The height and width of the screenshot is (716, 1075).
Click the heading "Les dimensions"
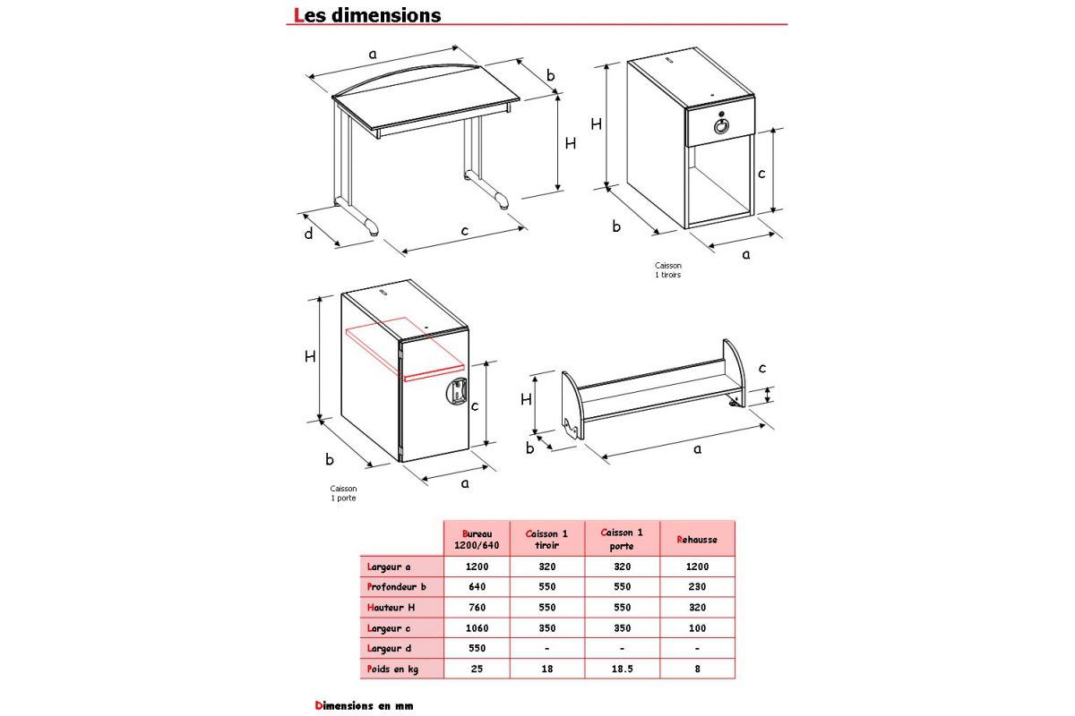pyautogui.click(x=367, y=15)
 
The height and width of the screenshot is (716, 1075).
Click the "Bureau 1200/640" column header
pyautogui.click(x=476, y=539)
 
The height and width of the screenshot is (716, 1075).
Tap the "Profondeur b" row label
pyautogui.click(x=396, y=587)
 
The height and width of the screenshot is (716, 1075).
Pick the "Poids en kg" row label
pyautogui.click(x=392, y=669)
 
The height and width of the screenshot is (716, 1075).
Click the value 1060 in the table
pyautogui.click(x=476, y=627)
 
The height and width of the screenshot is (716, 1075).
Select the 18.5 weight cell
pyautogui.click(x=622, y=669)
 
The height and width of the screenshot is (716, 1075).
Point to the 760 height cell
pyautogui.click(x=476, y=608)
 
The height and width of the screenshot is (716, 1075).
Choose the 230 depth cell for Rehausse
pyautogui.click(x=697, y=587)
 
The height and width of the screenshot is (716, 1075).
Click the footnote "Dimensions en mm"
pyautogui.click(x=364, y=705)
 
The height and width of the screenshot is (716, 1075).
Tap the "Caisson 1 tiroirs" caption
pyautogui.click(x=668, y=269)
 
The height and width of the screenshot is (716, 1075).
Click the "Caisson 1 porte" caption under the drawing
pyautogui.click(x=343, y=493)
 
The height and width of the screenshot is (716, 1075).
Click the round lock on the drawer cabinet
pyautogui.click(x=722, y=126)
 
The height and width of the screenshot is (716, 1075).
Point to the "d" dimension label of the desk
pyautogui.click(x=308, y=234)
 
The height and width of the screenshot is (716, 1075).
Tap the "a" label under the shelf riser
pyautogui.click(x=697, y=449)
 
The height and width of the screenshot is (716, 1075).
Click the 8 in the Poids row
pyautogui.click(x=697, y=669)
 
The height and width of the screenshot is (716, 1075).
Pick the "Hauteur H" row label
pyautogui.click(x=391, y=608)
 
